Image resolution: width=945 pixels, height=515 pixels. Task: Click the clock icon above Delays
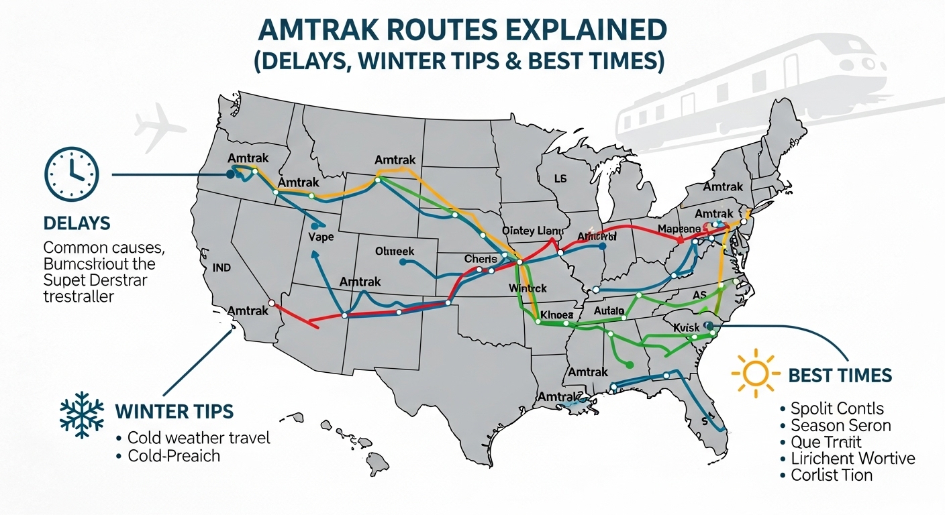(x=71, y=174)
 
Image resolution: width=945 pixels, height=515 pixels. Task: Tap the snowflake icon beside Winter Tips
(x=82, y=410)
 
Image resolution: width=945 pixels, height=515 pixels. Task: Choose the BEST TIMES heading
(x=840, y=375)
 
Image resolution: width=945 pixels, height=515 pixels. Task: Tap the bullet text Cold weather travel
(x=199, y=439)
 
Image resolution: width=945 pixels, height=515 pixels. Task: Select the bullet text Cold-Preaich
(x=174, y=456)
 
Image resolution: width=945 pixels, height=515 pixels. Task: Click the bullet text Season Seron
(x=840, y=425)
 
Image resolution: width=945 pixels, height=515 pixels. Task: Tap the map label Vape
(x=321, y=237)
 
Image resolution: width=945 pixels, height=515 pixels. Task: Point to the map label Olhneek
(x=395, y=252)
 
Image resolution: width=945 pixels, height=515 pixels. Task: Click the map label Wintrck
(x=528, y=288)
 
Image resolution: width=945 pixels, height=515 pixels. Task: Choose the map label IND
(x=221, y=268)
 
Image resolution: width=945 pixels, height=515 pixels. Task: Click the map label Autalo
(x=609, y=310)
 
